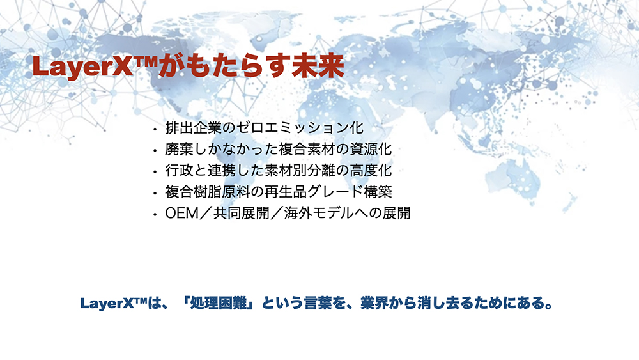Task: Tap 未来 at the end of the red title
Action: pyautogui.click(x=318, y=67)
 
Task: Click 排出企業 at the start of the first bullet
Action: pyautogui.click(x=193, y=128)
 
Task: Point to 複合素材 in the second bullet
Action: pyautogui.click(x=307, y=149)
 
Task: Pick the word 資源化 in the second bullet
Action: pyautogui.click(x=371, y=149)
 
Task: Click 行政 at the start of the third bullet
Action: pyautogui.click(x=179, y=171)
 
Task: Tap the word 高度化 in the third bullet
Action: pyautogui.click(x=371, y=171)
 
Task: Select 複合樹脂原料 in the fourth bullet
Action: pyautogui.click(x=208, y=192)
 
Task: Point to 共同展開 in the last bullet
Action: pyautogui.click(x=242, y=213)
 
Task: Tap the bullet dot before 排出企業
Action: pyautogui.click(x=155, y=130)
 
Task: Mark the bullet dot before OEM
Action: pyautogui.click(x=155, y=214)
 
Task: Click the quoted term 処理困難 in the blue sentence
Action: pyautogui.click(x=219, y=303)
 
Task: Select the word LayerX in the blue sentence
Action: pyautogui.click(x=107, y=304)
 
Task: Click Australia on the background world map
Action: pyautogui.click(x=514, y=180)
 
